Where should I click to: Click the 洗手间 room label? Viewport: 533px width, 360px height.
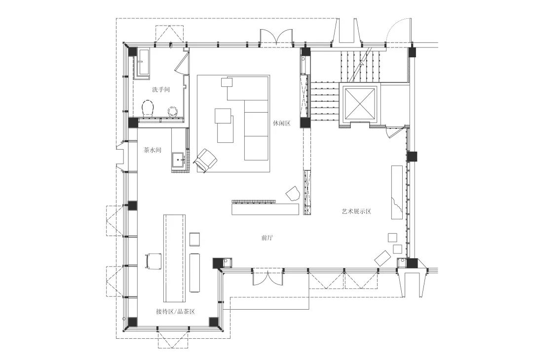click(x=161, y=90)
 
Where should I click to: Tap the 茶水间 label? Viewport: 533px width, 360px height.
click(x=152, y=150)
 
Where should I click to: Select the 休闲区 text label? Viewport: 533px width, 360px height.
click(x=281, y=123)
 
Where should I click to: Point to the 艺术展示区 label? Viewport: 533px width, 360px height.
click(x=356, y=211)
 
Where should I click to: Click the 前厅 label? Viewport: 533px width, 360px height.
click(x=267, y=238)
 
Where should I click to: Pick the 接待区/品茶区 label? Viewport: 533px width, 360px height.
click(x=175, y=311)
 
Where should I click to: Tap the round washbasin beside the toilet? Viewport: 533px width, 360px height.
click(x=173, y=111)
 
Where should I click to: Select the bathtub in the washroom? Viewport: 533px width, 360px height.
click(x=143, y=63)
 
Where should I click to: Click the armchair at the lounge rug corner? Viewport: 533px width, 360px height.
click(x=205, y=160)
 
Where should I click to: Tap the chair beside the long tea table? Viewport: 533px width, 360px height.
click(x=153, y=261)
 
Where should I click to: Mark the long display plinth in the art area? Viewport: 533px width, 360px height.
click(x=397, y=192)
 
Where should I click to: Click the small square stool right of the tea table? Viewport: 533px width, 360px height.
click(x=194, y=239)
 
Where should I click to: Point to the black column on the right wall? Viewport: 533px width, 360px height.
click(x=412, y=156)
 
